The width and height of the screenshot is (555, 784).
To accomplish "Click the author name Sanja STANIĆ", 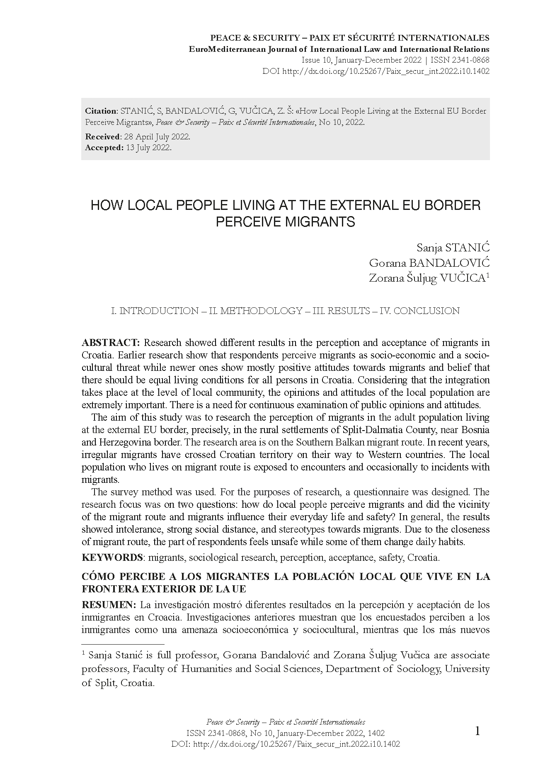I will click(453, 248).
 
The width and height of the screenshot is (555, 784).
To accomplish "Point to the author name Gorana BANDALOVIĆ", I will click(429, 263).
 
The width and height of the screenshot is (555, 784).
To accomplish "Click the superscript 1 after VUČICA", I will click(488, 275).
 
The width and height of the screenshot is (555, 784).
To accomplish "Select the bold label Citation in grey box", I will click(101, 111).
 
